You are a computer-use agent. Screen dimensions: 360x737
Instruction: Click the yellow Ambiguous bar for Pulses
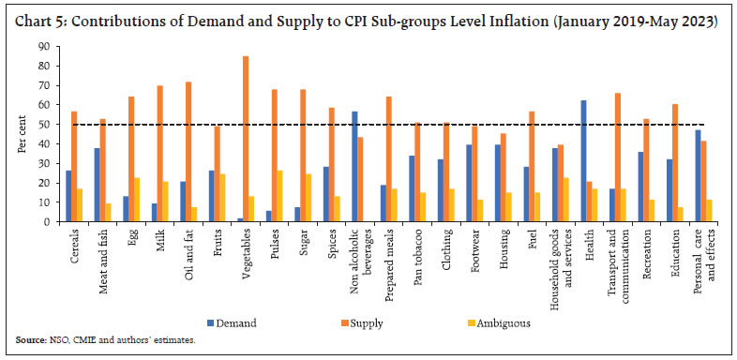pos(279,196)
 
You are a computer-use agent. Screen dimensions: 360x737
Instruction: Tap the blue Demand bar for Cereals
pos(68,196)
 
